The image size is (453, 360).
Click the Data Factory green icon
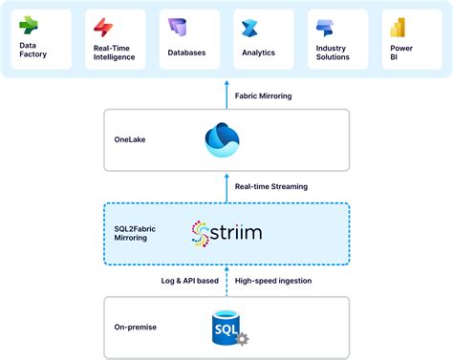tap(30, 23)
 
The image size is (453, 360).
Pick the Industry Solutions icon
tap(325, 26)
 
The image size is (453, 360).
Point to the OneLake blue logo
tap(226, 139)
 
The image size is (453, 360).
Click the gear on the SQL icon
tap(241, 339)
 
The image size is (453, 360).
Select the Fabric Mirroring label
tap(264, 95)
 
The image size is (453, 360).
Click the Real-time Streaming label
tap(271, 185)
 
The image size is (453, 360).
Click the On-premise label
tap(137, 328)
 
